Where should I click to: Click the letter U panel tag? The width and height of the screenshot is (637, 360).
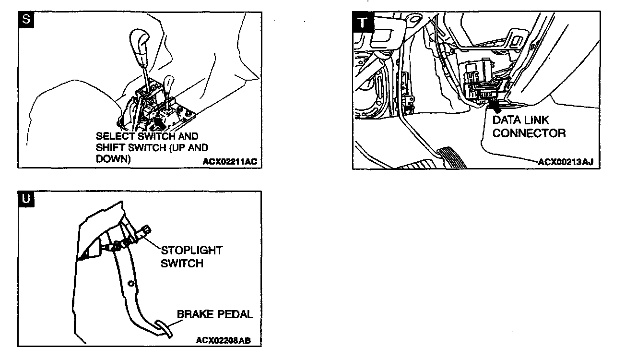pyautogui.click(x=25, y=198)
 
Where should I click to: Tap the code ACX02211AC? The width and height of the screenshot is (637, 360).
pyautogui.click(x=230, y=162)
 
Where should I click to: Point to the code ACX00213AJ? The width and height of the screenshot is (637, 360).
pyautogui.click(x=565, y=162)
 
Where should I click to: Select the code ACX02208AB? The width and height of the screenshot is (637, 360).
pyautogui.click(x=223, y=340)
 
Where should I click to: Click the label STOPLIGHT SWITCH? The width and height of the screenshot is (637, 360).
pyautogui.click(x=191, y=257)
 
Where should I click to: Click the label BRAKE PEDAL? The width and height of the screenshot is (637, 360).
pyautogui.click(x=215, y=314)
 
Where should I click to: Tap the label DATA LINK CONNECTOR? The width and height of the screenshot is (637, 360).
pyautogui.click(x=528, y=126)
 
